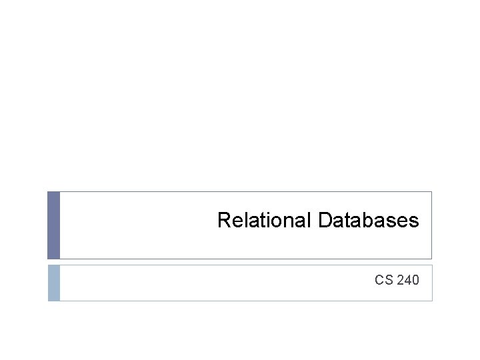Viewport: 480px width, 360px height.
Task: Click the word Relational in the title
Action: [265, 220]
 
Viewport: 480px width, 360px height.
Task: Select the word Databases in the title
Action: [369, 220]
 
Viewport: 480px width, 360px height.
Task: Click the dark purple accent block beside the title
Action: [54, 225]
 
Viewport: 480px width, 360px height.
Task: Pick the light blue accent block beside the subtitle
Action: [54, 283]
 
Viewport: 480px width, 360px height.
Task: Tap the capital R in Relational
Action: [224, 220]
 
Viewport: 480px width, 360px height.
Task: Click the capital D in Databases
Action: [325, 220]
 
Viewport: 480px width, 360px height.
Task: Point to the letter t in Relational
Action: [265, 221]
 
